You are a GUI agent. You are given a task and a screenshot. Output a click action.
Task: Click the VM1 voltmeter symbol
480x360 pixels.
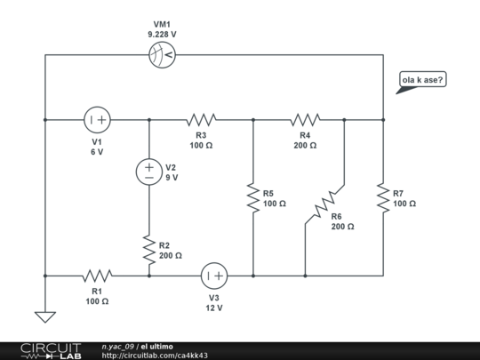click(162, 55)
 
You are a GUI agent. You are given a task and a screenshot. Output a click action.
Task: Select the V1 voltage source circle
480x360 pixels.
click(97, 119)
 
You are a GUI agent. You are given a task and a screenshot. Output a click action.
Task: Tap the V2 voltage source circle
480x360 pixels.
click(148, 172)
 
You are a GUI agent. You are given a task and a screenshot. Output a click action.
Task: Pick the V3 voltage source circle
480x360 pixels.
click(213, 275)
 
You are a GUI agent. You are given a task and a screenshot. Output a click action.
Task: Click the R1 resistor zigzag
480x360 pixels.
click(97, 276)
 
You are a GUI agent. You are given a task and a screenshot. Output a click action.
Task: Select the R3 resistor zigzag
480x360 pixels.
click(201, 119)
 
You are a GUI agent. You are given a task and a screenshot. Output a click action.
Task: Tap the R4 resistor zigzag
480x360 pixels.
click(305, 119)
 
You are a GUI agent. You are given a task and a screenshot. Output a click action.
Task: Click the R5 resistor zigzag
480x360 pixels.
click(253, 197)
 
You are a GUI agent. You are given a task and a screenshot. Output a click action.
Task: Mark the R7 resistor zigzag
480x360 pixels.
click(383, 197)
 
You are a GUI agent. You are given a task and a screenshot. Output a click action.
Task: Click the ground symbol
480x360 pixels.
click(44, 316)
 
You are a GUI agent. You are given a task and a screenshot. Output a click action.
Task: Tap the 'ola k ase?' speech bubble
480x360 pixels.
click(423, 81)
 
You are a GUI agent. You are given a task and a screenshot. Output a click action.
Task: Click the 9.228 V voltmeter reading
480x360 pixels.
click(162, 34)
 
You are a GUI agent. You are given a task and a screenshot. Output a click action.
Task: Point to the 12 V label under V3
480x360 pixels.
click(214, 308)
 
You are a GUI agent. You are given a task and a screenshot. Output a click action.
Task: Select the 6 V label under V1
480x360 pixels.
click(97, 152)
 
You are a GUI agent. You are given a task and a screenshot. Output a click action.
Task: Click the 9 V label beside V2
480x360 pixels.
click(172, 177)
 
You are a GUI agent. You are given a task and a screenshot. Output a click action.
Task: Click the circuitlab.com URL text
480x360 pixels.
click(155, 355)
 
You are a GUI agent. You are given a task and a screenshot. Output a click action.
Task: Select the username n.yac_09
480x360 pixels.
click(117, 346)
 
